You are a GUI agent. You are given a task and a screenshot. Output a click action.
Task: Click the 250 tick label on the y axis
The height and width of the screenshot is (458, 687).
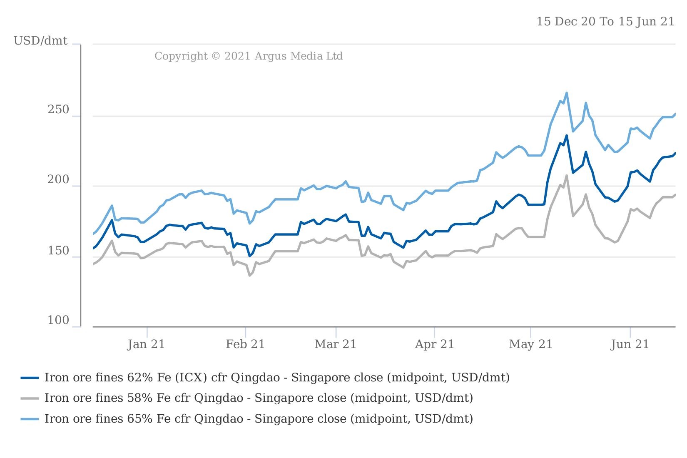[58, 110]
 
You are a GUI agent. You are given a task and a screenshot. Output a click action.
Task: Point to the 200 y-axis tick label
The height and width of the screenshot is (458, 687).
[58, 180]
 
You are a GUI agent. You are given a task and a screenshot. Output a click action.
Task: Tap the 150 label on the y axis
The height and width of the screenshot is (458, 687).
[58, 251]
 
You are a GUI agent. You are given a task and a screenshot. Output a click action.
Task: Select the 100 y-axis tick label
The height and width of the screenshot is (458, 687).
[58, 321]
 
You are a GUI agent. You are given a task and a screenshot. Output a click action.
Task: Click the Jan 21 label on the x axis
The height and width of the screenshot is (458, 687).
[146, 344]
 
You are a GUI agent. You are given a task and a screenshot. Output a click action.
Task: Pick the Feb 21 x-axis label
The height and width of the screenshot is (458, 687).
[245, 344]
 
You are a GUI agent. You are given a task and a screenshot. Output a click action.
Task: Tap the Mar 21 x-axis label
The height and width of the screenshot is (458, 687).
[336, 344]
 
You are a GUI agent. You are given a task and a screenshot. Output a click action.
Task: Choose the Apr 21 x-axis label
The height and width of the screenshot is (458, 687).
[434, 344]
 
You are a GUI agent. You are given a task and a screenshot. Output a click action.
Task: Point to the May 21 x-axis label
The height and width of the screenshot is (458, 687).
[530, 344]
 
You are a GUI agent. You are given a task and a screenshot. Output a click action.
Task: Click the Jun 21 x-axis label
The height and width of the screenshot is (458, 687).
[630, 344]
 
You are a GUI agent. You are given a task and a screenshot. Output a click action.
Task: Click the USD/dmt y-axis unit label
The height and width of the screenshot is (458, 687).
[40, 41]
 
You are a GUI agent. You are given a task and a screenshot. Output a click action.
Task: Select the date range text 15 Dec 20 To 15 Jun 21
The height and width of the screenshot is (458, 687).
[605, 22]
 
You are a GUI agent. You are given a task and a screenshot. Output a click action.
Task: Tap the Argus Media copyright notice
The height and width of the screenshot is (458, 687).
[249, 56]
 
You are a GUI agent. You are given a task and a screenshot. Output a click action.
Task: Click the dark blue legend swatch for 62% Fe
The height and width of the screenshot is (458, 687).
[30, 378]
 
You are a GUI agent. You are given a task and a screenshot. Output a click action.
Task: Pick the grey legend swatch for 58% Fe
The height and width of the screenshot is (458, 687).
[30, 398]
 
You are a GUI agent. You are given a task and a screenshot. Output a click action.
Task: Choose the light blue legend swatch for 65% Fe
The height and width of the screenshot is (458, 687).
[30, 418]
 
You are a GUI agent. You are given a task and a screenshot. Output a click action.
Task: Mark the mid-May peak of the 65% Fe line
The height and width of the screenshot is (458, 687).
[567, 93]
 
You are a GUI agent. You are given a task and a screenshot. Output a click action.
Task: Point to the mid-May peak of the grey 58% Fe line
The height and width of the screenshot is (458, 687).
[567, 175]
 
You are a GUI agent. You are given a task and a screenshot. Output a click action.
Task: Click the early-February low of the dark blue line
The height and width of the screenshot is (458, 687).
[249, 256]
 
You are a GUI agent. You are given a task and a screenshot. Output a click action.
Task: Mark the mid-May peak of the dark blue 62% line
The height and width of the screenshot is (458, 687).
[567, 135]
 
